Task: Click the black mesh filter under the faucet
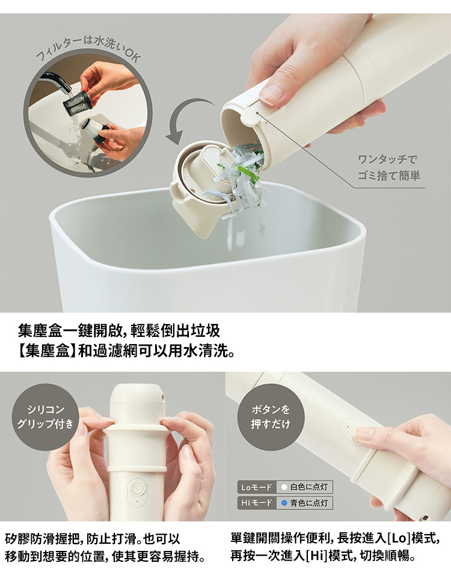pyautogui.click(x=78, y=103)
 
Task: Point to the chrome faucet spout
pyautogui.click(x=56, y=81)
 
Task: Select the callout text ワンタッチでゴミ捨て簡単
pyautogui.click(x=389, y=168)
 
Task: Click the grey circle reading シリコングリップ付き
pyautogui.click(x=46, y=417)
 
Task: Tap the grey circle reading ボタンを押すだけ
pyautogui.click(x=271, y=417)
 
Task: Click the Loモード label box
pyautogui.click(x=257, y=487)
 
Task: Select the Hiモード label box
pyautogui.click(x=257, y=503)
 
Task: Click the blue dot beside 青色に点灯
pyautogui.click(x=284, y=503)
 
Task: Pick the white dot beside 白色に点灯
pyautogui.click(x=284, y=487)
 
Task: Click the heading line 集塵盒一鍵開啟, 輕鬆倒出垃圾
pyautogui.click(x=119, y=330)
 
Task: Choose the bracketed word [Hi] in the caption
pyautogui.click(x=316, y=556)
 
